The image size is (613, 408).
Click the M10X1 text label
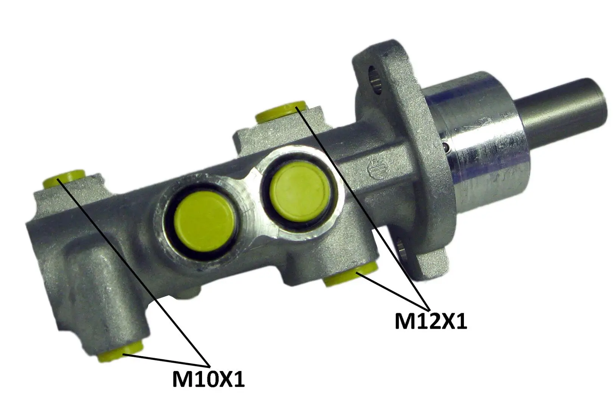[x=208, y=379]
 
